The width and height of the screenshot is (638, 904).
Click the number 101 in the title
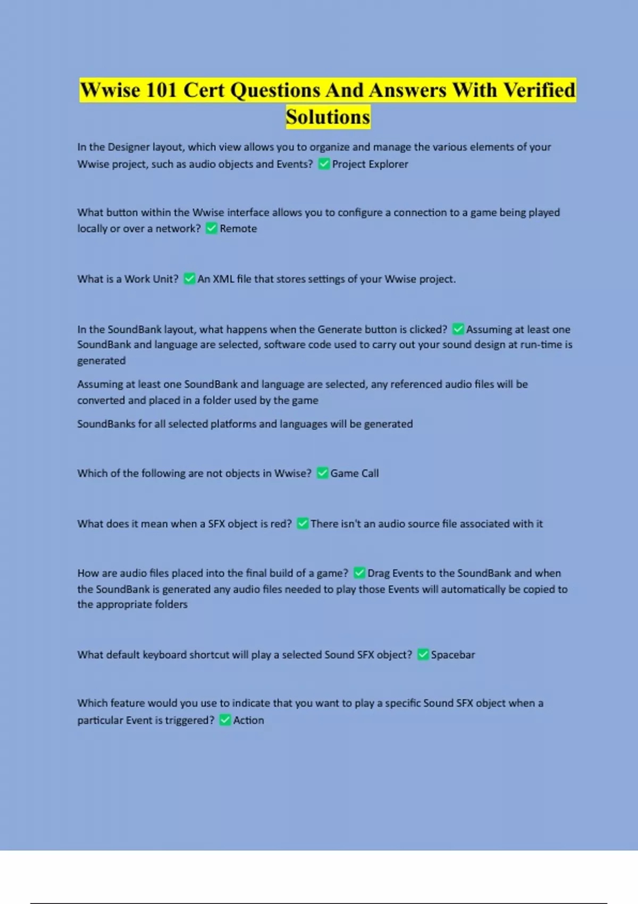(162, 90)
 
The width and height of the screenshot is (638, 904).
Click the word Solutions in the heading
(328, 117)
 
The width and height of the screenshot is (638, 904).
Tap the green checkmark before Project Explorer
(323, 164)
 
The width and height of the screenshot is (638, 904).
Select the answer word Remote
(238, 229)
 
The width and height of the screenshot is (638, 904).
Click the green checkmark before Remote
(211, 229)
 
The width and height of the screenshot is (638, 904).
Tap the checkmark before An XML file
(189, 279)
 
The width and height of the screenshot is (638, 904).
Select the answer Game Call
(355, 473)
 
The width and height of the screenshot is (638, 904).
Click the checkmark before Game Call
(322, 473)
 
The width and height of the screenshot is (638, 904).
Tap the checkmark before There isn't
(303, 524)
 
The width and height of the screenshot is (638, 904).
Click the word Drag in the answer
(379, 573)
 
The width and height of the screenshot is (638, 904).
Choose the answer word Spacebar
(453, 655)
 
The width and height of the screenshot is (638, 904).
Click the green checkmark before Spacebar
(423, 655)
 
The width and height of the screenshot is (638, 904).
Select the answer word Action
(248, 721)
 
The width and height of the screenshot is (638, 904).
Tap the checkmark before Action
(225, 721)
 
